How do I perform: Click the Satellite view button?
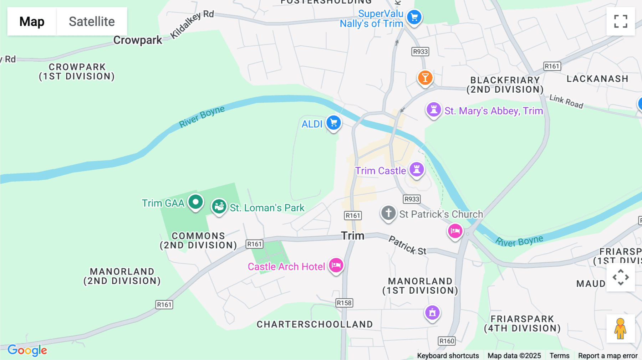point(92,21)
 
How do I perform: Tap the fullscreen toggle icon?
point(621,21)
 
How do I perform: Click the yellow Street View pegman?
point(620,328)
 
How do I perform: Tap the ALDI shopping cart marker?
point(334,123)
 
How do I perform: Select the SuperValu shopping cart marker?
point(414,17)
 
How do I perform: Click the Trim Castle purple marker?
point(416,169)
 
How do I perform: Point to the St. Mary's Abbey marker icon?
point(434,109)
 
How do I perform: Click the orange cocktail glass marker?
point(425,78)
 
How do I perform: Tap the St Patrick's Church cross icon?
point(388,213)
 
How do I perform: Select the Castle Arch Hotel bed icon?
point(336,265)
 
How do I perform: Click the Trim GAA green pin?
point(195,202)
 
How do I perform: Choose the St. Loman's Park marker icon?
point(219,206)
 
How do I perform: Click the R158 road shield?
point(344,303)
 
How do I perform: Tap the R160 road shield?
point(447,341)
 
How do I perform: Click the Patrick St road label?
point(407,245)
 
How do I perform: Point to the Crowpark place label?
point(138,40)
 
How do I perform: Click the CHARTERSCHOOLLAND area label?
point(315,324)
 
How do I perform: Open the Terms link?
point(559,355)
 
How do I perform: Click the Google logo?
point(27,350)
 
